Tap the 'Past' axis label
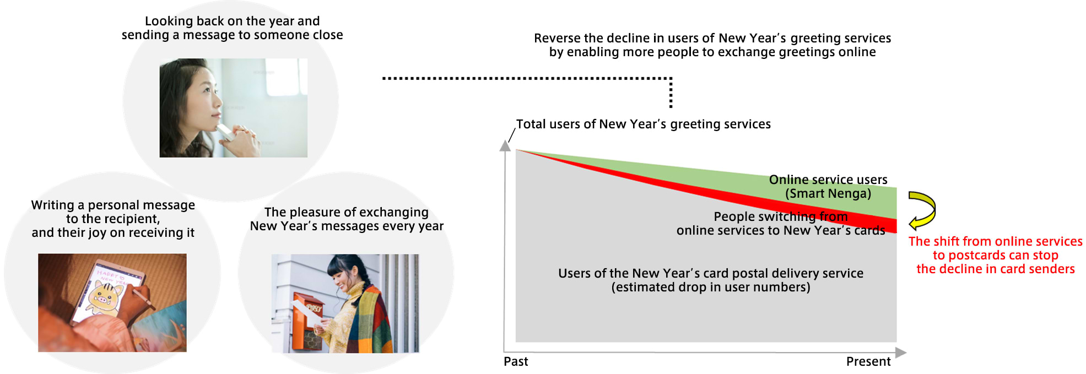pyautogui.click(x=516, y=361)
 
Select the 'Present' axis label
pyautogui.click(x=868, y=361)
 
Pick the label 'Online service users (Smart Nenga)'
pyautogui.click(x=828, y=187)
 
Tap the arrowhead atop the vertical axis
pyautogui.click(x=505, y=145)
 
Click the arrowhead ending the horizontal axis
pyautogui.click(x=901, y=353)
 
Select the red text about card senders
pyautogui.click(x=995, y=255)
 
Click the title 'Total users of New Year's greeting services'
pyautogui.click(x=643, y=124)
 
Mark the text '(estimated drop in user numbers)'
pyautogui.click(x=711, y=287)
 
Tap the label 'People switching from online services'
pyautogui.click(x=781, y=224)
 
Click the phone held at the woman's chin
pyautogui.click(x=225, y=132)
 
